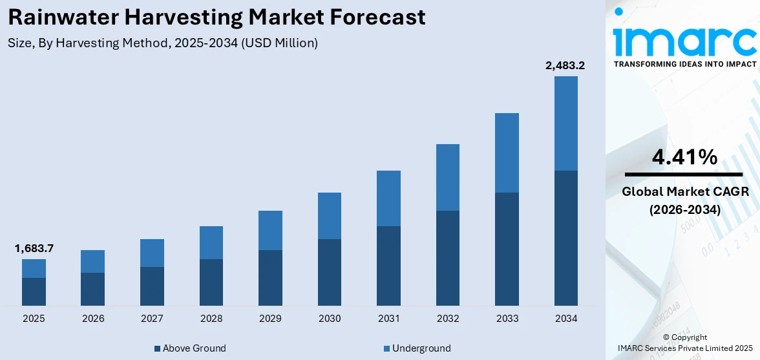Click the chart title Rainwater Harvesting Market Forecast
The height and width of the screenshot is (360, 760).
pos(216,17)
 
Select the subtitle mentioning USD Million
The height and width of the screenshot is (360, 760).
pos(163,43)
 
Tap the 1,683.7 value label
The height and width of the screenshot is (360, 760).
pos(34,248)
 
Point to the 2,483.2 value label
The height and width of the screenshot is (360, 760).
pos(565,65)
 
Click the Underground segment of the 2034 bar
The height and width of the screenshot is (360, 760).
pos(565,123)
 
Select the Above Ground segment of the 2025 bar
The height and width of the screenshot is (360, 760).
pos(34,291)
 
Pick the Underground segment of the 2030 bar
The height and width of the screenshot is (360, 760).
pos(330,216)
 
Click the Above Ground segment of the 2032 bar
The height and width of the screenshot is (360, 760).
pos(448,258)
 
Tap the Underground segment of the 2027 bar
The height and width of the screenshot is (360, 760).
pos(152,253)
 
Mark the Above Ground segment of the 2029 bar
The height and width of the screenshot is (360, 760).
pos(270,278)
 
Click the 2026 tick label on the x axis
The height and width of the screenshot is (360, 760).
pos(93,319)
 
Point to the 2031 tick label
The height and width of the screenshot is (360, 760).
pos(388,319)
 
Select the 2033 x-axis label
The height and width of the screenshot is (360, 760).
pos(507,319)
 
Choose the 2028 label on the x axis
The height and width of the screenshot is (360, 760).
pos(211,319)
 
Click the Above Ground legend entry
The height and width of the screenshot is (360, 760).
pos(190,348)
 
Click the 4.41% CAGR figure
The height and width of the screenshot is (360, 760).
pos(684,157)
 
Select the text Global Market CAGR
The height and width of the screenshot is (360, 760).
pos(684,192)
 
